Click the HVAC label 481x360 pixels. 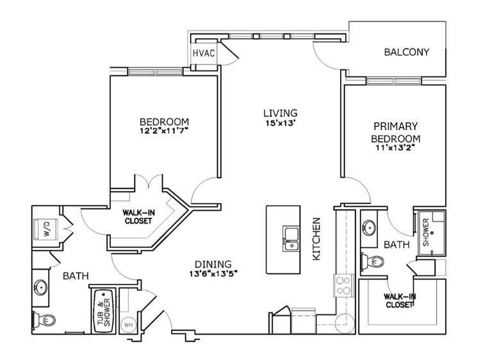tap(204, 53)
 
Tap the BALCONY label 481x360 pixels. tap(407, 52)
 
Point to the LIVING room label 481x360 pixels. tap(281, 113)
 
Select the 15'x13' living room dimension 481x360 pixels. tap(281, 124)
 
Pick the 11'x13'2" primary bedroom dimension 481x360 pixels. tap(395, 147)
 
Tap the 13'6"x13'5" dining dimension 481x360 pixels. tap(213, 273)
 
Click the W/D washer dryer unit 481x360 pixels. tap(45, 229)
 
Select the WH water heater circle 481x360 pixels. tap(128, 325)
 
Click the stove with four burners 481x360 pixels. tap(343, 286)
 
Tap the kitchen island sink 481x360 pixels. tap(291, 239)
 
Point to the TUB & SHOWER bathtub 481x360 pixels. tap(104, 311)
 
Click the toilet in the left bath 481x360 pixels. tap(44, 320)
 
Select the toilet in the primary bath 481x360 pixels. tap(372, 262)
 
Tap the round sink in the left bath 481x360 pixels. tap(40, 288)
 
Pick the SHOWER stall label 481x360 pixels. tap(426, 232)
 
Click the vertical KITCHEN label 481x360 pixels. tap(316, 239)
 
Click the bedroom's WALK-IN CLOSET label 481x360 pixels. tap(138, 217)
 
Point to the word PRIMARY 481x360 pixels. tap(395, 126)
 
